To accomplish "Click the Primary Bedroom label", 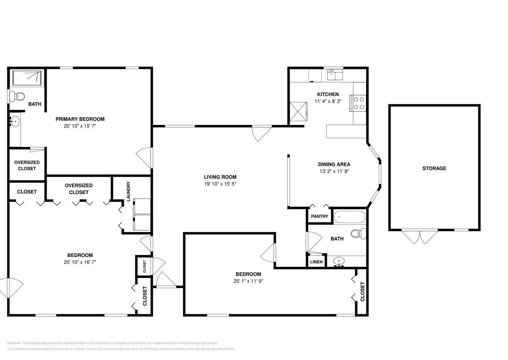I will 80,119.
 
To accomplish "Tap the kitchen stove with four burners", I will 358,103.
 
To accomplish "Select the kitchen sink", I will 335,75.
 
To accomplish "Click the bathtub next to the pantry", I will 350,217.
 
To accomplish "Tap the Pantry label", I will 319,216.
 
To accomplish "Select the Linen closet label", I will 316,262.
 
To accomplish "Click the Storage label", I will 434,168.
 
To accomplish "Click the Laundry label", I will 129,191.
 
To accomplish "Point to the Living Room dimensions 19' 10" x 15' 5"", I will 220,184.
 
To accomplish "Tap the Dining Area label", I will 334,164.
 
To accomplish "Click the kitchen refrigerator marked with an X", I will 298,112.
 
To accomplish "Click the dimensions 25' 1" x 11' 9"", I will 248,281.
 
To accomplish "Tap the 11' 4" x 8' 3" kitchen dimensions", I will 328,101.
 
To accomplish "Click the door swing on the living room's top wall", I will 262,133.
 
